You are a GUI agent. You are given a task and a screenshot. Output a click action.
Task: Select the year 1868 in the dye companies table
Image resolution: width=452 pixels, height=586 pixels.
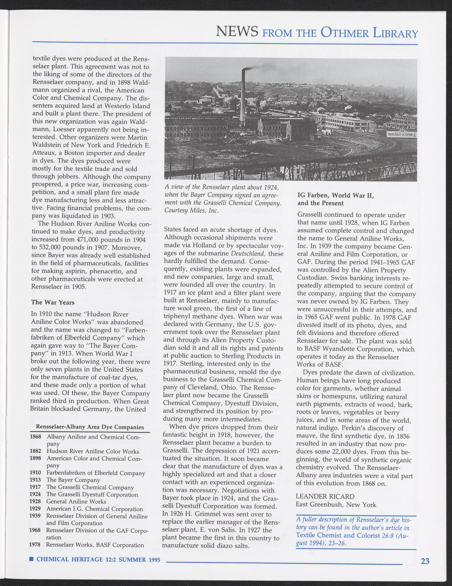point(35,437)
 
